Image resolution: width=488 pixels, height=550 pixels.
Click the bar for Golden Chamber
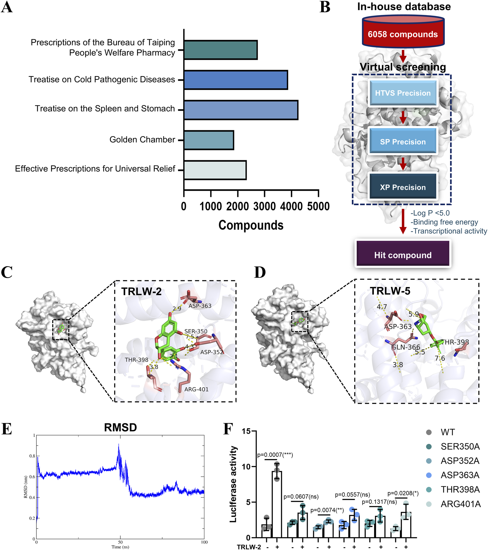tap(208, 140)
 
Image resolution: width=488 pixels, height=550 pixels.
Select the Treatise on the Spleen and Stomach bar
tap(241, 110)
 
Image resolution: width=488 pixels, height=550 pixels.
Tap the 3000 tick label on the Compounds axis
tap(264, 206)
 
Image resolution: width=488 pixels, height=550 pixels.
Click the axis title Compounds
tap(251, 225)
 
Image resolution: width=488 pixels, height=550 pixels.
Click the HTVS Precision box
tap(403, 93)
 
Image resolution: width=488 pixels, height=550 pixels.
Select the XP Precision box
tap(403, 187)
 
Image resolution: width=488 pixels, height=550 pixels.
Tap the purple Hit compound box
tap(403, 255)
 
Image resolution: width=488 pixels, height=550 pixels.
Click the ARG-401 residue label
tap(196, 389)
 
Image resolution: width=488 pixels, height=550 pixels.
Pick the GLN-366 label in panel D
tap(406, 347)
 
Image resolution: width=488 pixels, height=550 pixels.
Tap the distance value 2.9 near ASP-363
tap(177, 309)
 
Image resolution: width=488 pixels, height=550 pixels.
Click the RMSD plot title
tap(120, 427)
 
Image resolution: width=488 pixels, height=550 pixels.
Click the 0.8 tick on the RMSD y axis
tap(32, 456)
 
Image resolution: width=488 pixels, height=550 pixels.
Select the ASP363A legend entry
tap(460, 475)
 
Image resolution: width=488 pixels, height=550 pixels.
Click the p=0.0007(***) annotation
tap(275, 455)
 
